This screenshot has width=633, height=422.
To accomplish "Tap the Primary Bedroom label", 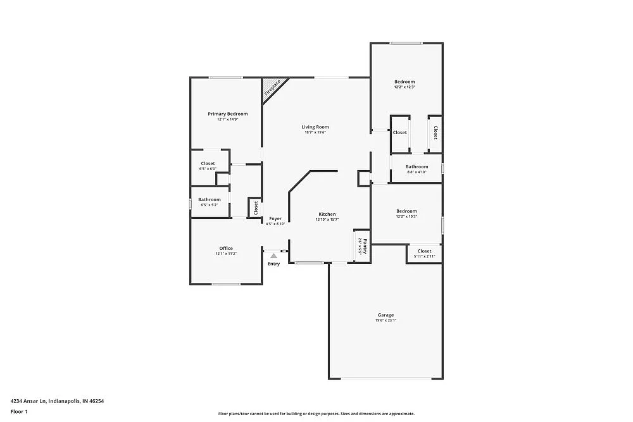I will pos(228,114).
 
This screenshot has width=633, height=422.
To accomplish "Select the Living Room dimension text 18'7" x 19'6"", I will pos(315,132).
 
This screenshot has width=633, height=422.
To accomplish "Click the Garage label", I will pos(386,315).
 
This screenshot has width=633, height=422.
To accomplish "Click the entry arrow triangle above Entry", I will pos(273,256).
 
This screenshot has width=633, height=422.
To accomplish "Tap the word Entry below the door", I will pos(273,264).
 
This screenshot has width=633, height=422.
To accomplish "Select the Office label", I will pos(226,248).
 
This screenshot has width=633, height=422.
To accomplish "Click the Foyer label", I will pos(275,218).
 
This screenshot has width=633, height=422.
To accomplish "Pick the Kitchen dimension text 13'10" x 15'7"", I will pos(327,220).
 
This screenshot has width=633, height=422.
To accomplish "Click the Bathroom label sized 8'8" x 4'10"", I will pos(417,166).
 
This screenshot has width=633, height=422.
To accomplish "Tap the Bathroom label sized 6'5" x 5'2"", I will pos(210,199).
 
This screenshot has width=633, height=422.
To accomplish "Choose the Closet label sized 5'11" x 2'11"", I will pos(424,251).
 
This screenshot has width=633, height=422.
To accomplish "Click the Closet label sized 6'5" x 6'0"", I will pos(208,163).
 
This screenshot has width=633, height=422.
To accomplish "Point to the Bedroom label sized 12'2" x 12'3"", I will pos(404,82).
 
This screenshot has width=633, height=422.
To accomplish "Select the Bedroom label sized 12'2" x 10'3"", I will pos(406,211).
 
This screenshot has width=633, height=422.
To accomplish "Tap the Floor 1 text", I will pos(20,411).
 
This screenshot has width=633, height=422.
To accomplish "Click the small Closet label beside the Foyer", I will pos(256,208).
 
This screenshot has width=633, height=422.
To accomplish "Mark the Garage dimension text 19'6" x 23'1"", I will pos(385,321).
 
